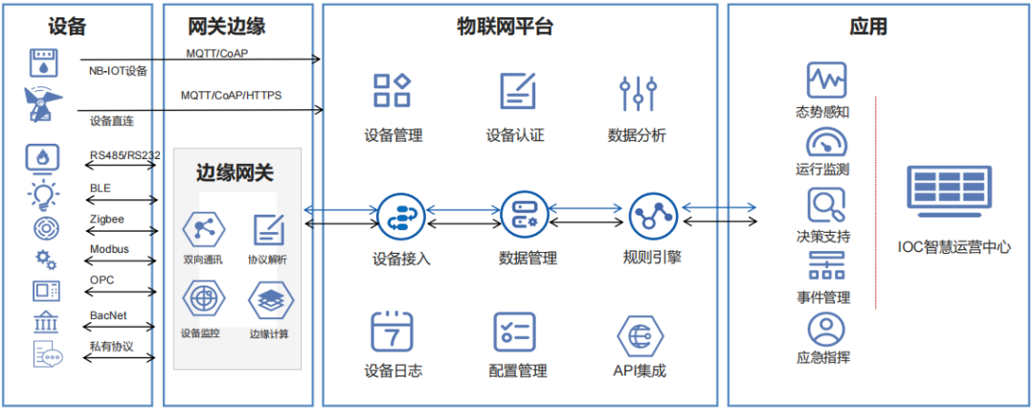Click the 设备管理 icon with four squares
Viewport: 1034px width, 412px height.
click(392, 91)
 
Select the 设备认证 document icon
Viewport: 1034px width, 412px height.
click(517, 91)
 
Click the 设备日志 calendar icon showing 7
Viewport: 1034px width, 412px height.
click(392, 332)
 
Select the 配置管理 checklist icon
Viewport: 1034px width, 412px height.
click(515, 332)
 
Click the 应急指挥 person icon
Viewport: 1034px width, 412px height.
click(825, 330)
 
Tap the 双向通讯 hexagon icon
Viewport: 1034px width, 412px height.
click(203, 230)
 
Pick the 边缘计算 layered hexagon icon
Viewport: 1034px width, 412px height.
click(270, 301)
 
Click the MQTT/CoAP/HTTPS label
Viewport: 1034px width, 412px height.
click(231, 96)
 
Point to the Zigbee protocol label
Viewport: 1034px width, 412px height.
click(107, 219)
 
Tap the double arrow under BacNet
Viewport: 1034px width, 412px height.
click(121, 325)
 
